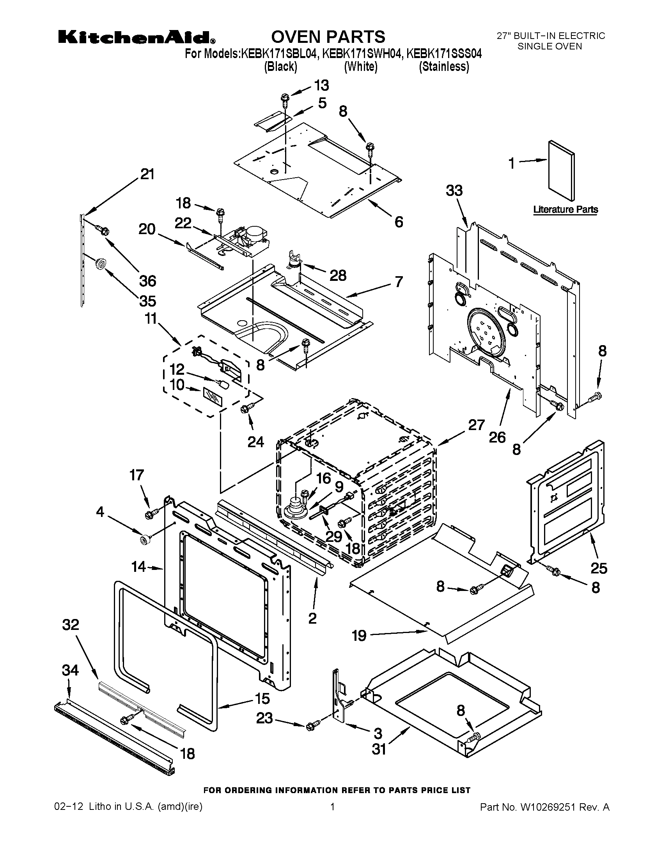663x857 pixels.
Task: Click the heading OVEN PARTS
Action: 328,37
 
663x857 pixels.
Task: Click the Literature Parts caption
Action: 565,210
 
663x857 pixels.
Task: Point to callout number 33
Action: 454,191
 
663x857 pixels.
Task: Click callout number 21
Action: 147,174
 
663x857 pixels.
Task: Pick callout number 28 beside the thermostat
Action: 338,275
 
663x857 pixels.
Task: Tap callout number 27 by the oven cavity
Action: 477,425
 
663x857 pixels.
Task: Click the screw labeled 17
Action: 151,513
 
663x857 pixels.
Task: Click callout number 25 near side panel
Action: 599,568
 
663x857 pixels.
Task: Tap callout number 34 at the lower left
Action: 70,670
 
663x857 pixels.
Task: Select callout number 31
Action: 379,749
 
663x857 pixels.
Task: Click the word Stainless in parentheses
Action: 444,67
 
